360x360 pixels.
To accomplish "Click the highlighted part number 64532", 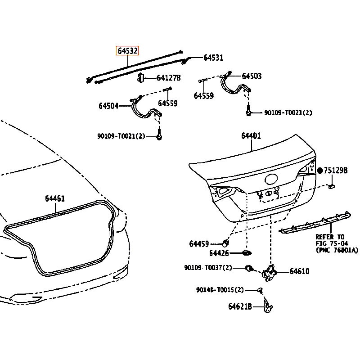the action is (x=127, y=51).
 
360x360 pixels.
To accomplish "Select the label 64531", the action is (x=213, y=58).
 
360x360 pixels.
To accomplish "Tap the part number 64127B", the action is (x=168, y=78).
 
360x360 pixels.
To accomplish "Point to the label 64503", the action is (x=252, y=76).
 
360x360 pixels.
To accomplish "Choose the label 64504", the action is (x=108, y=106).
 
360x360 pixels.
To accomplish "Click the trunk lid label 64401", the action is (x=251, y=136).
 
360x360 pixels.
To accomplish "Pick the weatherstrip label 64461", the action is (x=55, y=198).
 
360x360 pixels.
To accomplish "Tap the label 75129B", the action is (x=336, y=171).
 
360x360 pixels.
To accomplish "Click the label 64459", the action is (x=199, y=243).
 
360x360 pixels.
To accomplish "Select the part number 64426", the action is (x=219, y=253).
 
